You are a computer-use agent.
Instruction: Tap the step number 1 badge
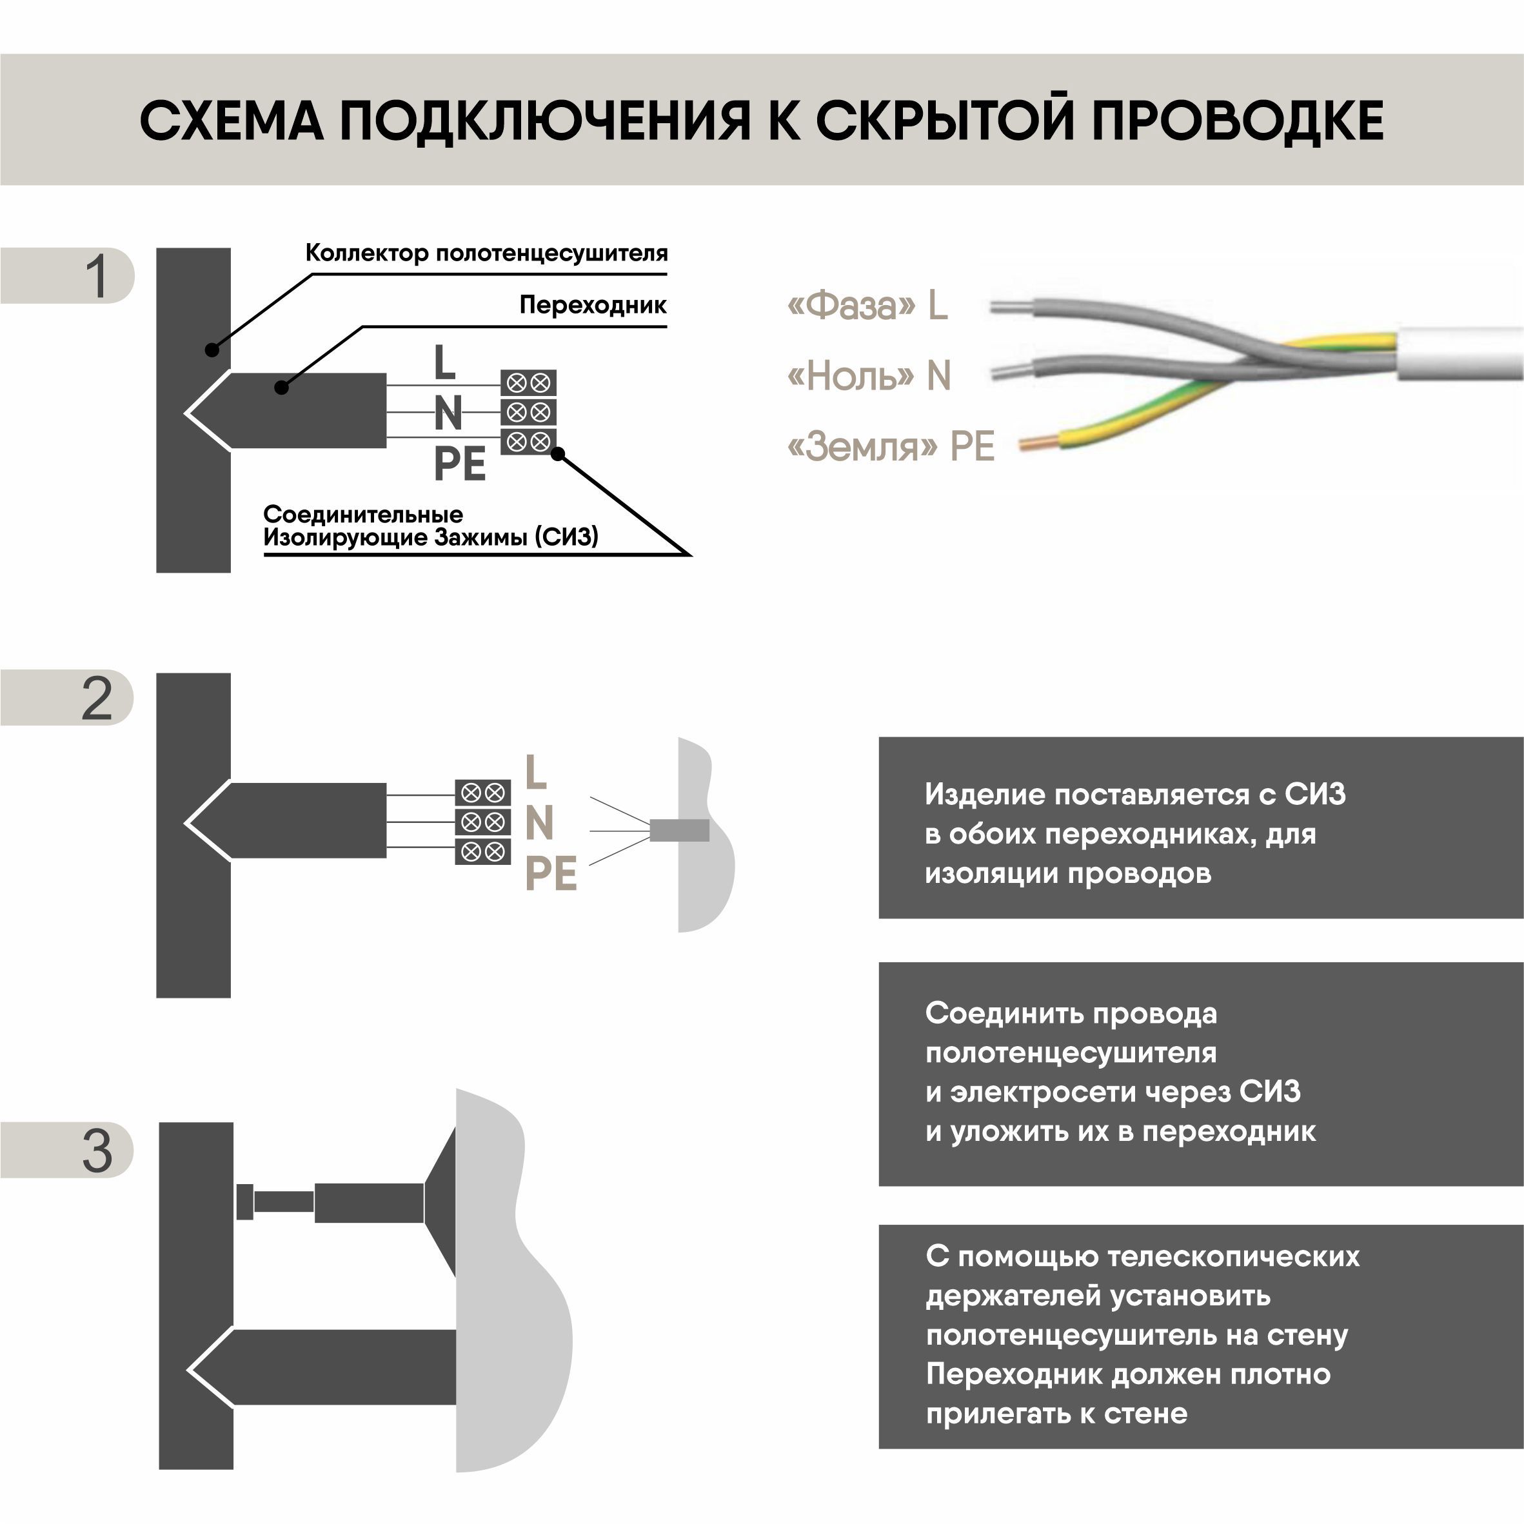click(95, 277)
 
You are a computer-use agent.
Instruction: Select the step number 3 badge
click(95, 1151)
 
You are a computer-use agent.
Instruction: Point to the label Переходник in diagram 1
click(593, 305)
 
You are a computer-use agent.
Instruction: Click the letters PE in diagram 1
click(460, 464)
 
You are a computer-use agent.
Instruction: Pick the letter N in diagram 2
click(540, 823)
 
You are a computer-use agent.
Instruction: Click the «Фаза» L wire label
click(867, 305)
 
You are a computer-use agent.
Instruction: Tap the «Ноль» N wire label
click(869, 375)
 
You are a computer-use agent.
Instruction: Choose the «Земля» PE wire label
click(891, 446)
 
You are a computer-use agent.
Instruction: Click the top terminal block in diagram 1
click(528, 383)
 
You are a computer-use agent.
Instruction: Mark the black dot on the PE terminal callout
click(558, 453)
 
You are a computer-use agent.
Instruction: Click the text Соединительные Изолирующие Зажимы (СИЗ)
click(431, 526)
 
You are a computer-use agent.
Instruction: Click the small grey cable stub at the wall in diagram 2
click(679, 830)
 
